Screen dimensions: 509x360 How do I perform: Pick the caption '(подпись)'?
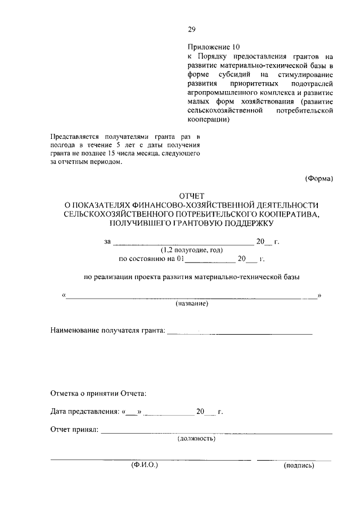pos(299,466)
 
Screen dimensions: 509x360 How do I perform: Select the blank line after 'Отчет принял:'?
pos(217,433)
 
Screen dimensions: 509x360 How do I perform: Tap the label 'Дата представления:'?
pos(84,412)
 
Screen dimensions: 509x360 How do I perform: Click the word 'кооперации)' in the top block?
pos(208,120)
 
